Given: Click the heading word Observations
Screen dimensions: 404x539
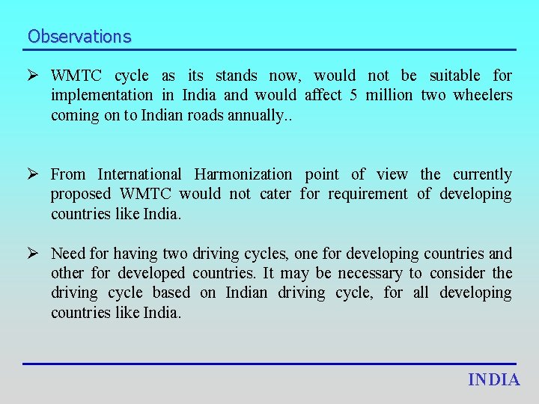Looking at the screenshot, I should tap(79, 36).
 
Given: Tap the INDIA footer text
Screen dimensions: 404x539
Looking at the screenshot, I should tap(494, 380).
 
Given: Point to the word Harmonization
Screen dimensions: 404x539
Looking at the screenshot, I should tap(243, 174).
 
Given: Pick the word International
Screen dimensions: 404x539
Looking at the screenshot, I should tap(139, 174).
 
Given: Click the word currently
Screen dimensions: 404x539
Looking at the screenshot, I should tap(483, 174).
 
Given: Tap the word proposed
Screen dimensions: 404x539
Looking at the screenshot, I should tap(80, 195).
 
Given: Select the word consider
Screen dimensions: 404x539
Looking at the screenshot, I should tap(457, 273).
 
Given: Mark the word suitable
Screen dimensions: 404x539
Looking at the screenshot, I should tap(454, 76).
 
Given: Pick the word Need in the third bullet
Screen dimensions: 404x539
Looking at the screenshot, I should tap(68, 254).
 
